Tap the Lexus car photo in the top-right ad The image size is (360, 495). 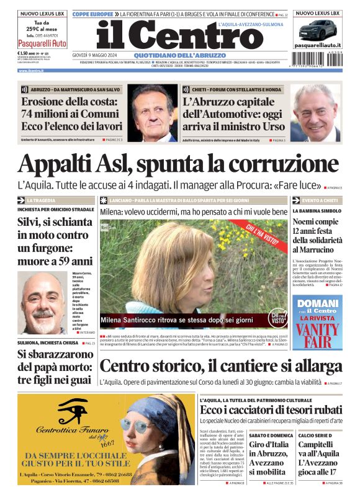[318, 29]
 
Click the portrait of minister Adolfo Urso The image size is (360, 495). [315, 113]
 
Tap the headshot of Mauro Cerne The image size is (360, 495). [42, 301]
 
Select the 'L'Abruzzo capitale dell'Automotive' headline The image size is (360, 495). [233, 114]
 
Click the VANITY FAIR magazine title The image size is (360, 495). [317, 333]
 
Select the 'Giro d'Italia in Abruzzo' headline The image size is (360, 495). [270, 458]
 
